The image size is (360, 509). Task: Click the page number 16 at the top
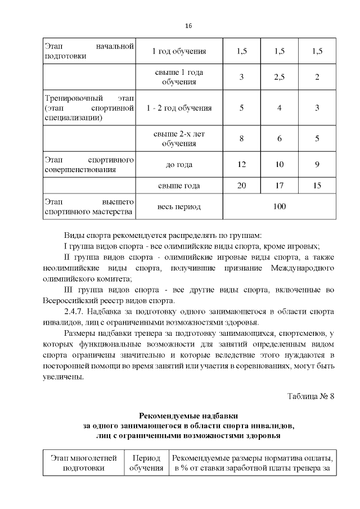pos(188,26)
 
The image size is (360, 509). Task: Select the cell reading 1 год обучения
pos(179,52)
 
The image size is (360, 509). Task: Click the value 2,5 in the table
pos(279,78)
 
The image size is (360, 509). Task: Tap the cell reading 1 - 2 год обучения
pos(179,108)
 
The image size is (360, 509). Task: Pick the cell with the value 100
pos(280,206)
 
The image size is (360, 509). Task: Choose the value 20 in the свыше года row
pos(242,186)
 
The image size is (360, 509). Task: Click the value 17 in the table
pos(279,186)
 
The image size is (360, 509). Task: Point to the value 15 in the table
pos(317,186)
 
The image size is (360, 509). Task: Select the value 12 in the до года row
pos(242,165)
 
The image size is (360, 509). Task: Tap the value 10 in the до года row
pos(279,165)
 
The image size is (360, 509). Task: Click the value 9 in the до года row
pos(317,165)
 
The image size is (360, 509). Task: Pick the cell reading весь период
pos(179,206)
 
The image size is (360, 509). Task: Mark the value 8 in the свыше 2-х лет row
pos(242,138)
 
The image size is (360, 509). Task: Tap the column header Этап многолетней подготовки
pos(83,462)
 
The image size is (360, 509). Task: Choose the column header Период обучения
pos(146,462)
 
